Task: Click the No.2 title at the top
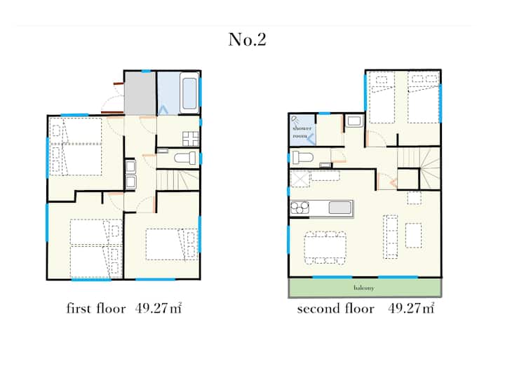(247, 39)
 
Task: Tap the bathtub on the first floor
(189, 93)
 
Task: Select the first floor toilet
(185, 158)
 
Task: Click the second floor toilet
(303, 158)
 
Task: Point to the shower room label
(302, 132)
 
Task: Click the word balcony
(364, 288)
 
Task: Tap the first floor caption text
(124, 309)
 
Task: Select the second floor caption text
(365, 309)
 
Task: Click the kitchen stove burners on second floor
(299, 208)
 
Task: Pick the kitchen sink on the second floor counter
(339, 208)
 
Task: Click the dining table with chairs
(325, 248)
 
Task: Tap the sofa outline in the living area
(391, 237)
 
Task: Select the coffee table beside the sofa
(414, 236)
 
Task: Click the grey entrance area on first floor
(140, 93)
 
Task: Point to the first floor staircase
(177, 180)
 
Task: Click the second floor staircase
(419, 168)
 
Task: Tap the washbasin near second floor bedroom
(354, 121)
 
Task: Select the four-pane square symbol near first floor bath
(190, 139)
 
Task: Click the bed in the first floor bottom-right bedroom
(172, 245)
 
